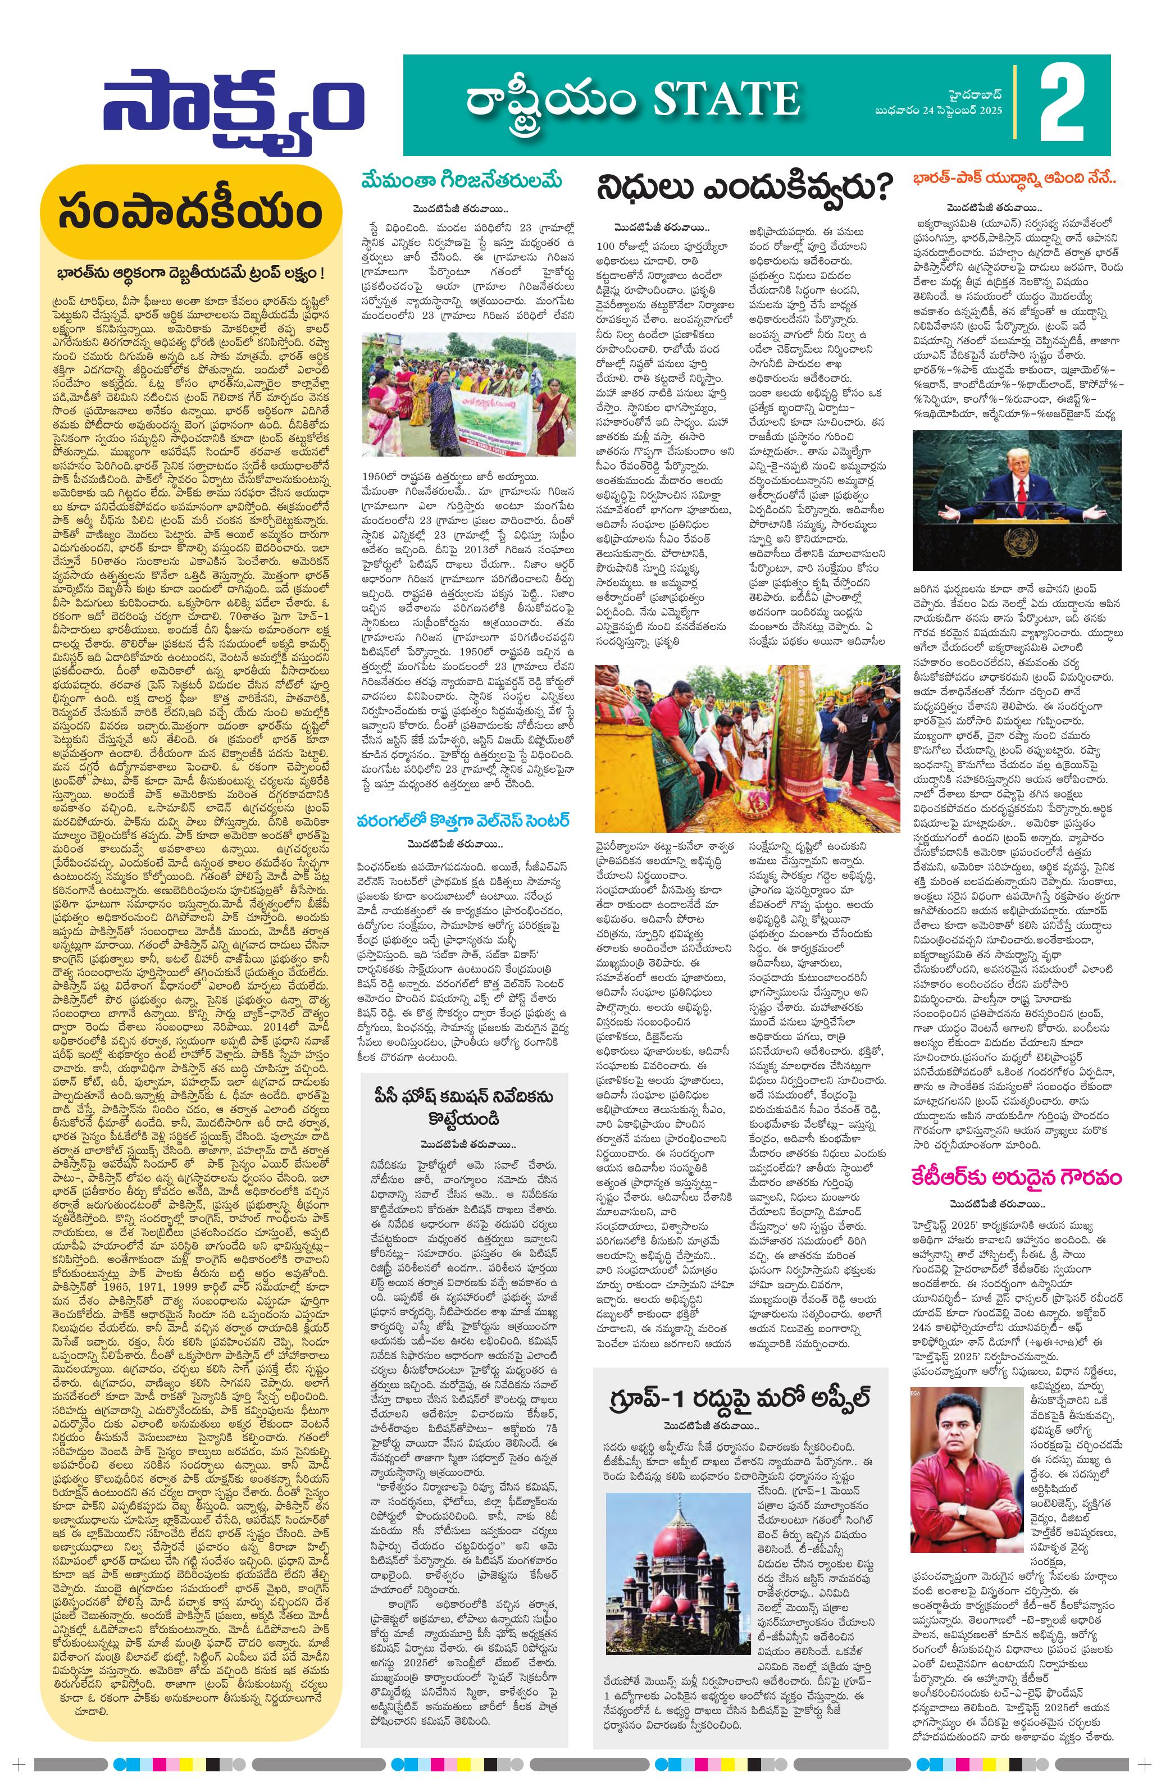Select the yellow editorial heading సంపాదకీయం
tap(191, 213)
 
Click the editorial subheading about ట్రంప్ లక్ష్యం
tap(191, 272)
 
